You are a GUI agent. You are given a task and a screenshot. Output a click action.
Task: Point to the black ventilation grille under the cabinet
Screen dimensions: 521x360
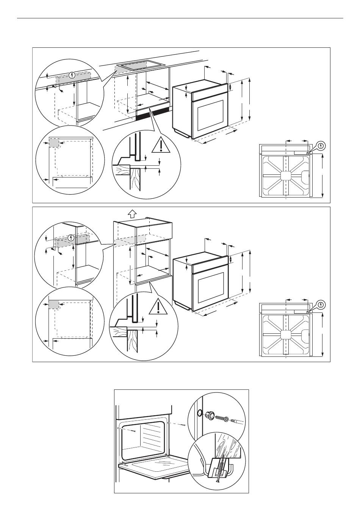click(x=152, y=113)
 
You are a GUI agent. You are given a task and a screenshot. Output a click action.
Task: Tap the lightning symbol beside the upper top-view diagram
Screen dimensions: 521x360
click(x=321, y=145)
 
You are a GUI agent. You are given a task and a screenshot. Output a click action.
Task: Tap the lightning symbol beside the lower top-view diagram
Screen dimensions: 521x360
click(x=321, y=304)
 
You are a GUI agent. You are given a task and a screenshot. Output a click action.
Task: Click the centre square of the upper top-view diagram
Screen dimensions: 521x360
click(x=285, y=176)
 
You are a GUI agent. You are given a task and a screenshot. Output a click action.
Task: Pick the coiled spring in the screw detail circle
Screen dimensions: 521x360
click(x=219, y=419)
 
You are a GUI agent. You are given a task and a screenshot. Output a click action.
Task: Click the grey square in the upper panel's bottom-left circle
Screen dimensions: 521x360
click(x=54, y=143)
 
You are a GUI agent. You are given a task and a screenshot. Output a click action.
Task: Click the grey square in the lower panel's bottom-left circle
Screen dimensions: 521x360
click(x=53, y=304)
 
